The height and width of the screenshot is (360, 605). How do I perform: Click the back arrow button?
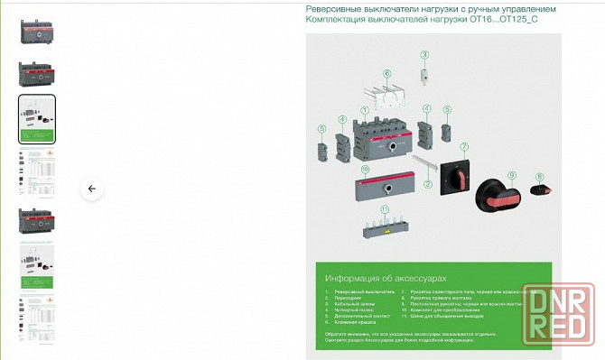[x=91, y=189]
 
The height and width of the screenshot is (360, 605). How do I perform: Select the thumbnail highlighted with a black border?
[x=37, y=119]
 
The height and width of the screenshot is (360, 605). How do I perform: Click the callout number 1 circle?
[x=365, y=110]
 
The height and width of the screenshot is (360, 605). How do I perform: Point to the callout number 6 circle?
[x=386, y=73]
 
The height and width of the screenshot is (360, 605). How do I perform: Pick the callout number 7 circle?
[x=464, y=146]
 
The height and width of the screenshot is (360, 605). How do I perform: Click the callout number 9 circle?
[x=510, y=174]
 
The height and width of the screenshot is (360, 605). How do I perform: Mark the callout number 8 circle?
[x=539, y=177]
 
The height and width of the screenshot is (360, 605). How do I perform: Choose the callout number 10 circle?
[x=365, y=169]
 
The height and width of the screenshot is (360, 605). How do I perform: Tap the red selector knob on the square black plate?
[x=458, y=176]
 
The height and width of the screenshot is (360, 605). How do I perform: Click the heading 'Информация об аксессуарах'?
[x=385, y=279]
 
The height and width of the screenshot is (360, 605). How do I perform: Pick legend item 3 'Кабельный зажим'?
[x=354, y=307]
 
